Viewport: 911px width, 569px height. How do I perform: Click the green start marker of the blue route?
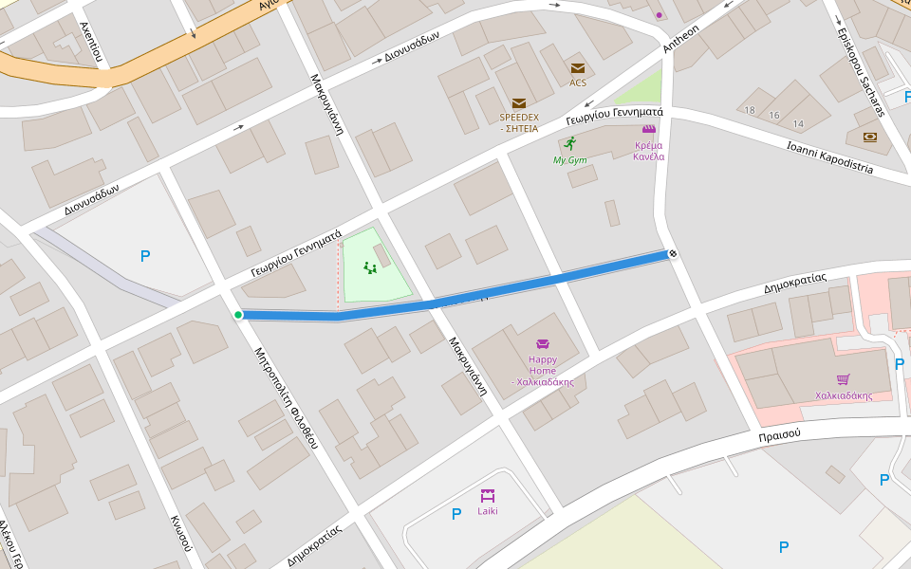click(238, 315)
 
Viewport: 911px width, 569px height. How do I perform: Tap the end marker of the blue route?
click(672, 253)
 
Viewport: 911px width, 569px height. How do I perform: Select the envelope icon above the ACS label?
click(577, 68)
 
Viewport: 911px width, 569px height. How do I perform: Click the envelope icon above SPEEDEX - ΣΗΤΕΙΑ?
click(518, 103)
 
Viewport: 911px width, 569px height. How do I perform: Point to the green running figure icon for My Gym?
click(569, 144)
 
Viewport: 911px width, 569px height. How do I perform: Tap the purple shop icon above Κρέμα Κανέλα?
click(649, 130)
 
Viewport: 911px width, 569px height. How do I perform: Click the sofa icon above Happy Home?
click(543, 344)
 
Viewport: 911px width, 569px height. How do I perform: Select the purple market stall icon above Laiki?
click(488, 495)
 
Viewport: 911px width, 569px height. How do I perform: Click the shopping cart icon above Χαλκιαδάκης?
click(843, 379)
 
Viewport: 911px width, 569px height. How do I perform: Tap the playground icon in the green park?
click(371, 268)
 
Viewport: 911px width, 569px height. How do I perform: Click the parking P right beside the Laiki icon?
click(456, 514)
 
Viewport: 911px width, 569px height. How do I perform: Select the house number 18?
click(750, 111)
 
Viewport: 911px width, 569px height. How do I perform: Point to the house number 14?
click(797, 124)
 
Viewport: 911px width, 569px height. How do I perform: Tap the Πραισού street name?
click(779, 433)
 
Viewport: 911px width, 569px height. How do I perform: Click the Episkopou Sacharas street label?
click(860, 71)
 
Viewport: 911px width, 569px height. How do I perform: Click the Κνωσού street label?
click(181, 533)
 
